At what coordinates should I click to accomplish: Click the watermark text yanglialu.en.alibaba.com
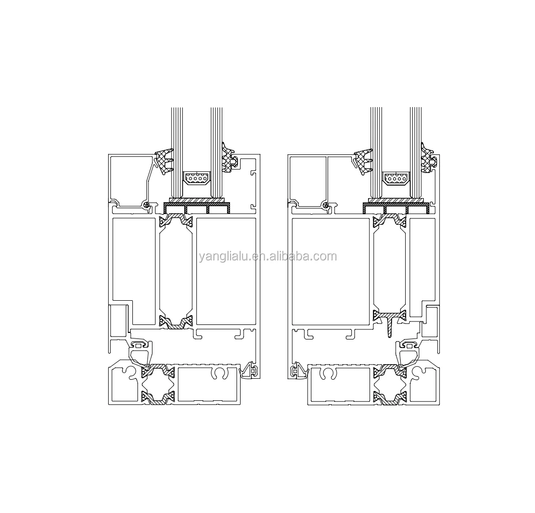coord(267,256)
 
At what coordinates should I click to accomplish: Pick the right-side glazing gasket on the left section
coord(229,157)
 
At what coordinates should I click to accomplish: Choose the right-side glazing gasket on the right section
coord(428,157)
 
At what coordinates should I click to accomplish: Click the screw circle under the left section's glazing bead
coord(146,205)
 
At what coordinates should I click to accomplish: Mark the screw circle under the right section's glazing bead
coord(326,205)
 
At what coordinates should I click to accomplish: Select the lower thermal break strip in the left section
coord(176,322)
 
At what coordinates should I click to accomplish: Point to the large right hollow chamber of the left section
coord(226,271)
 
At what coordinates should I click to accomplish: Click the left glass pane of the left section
coord(176,151)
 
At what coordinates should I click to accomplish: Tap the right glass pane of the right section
coord(416,151)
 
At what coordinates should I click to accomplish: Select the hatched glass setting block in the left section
coord(197,201)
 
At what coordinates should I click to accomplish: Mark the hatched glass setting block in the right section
coord(396,201)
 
